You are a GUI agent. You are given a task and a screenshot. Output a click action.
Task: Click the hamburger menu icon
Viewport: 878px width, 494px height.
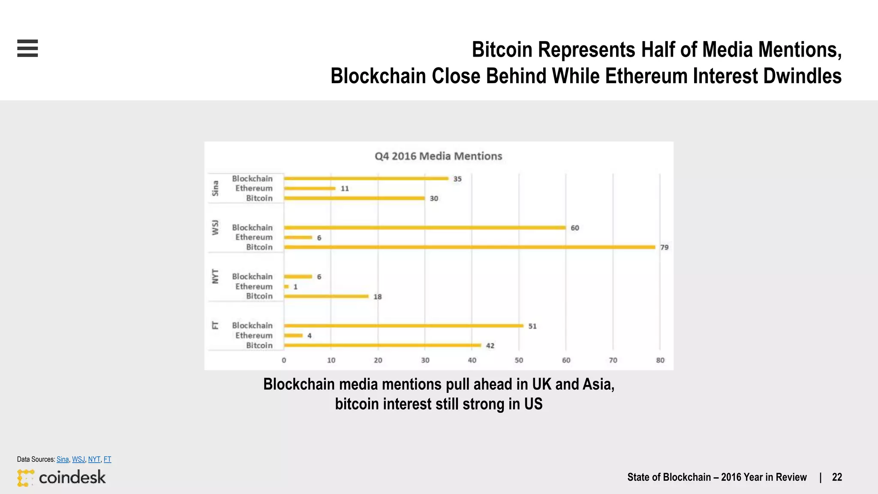(x=27, y=48)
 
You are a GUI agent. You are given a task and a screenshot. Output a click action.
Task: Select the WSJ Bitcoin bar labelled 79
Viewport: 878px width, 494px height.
(x=469, y=247)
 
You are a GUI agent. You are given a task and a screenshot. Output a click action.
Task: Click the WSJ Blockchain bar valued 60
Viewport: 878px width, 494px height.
(x=424, y=227)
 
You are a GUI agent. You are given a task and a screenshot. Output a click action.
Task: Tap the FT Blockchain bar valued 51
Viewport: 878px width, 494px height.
(x=403, y=325)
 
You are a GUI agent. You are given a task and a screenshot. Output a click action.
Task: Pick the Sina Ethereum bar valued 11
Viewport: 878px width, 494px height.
(x=310, y=188)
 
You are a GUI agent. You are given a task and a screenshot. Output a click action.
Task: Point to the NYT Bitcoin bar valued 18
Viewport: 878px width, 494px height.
(x=326, y=296)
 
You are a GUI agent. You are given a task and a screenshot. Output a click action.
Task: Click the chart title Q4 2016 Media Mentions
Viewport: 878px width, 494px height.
(x=438, y=156)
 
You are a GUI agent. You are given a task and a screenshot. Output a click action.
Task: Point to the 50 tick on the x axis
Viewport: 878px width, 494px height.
(x=519, y=360)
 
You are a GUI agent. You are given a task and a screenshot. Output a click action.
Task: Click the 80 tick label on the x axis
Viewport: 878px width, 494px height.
(x=660, y=360)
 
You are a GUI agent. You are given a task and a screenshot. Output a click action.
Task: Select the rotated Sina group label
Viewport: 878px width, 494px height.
(x=215, y=188)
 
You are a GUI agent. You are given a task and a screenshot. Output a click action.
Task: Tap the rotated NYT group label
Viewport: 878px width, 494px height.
(x=215, y=277)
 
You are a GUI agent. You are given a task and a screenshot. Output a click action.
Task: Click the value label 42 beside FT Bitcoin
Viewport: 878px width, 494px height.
(x=490, y=346)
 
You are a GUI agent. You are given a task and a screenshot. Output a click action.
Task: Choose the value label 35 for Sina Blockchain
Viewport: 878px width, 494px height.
(x=457, y=179)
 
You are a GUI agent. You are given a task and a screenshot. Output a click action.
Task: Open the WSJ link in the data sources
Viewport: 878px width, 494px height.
(x=78, y=459)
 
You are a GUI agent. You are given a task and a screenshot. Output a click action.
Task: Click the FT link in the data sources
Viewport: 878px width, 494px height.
(x=107, y=459)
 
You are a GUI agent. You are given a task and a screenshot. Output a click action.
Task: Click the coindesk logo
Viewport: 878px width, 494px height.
(x=61, y=477)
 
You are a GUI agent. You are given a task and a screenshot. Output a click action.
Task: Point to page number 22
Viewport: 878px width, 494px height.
(x=837, y=477)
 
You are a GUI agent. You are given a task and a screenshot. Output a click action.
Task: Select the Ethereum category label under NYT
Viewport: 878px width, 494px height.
(x=254, y=286)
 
